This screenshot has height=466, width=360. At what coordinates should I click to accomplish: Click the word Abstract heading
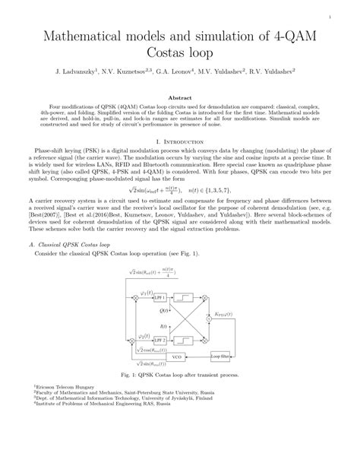click(x=180, y=99)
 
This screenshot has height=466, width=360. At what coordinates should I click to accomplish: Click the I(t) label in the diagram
click(x=163, y=325)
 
